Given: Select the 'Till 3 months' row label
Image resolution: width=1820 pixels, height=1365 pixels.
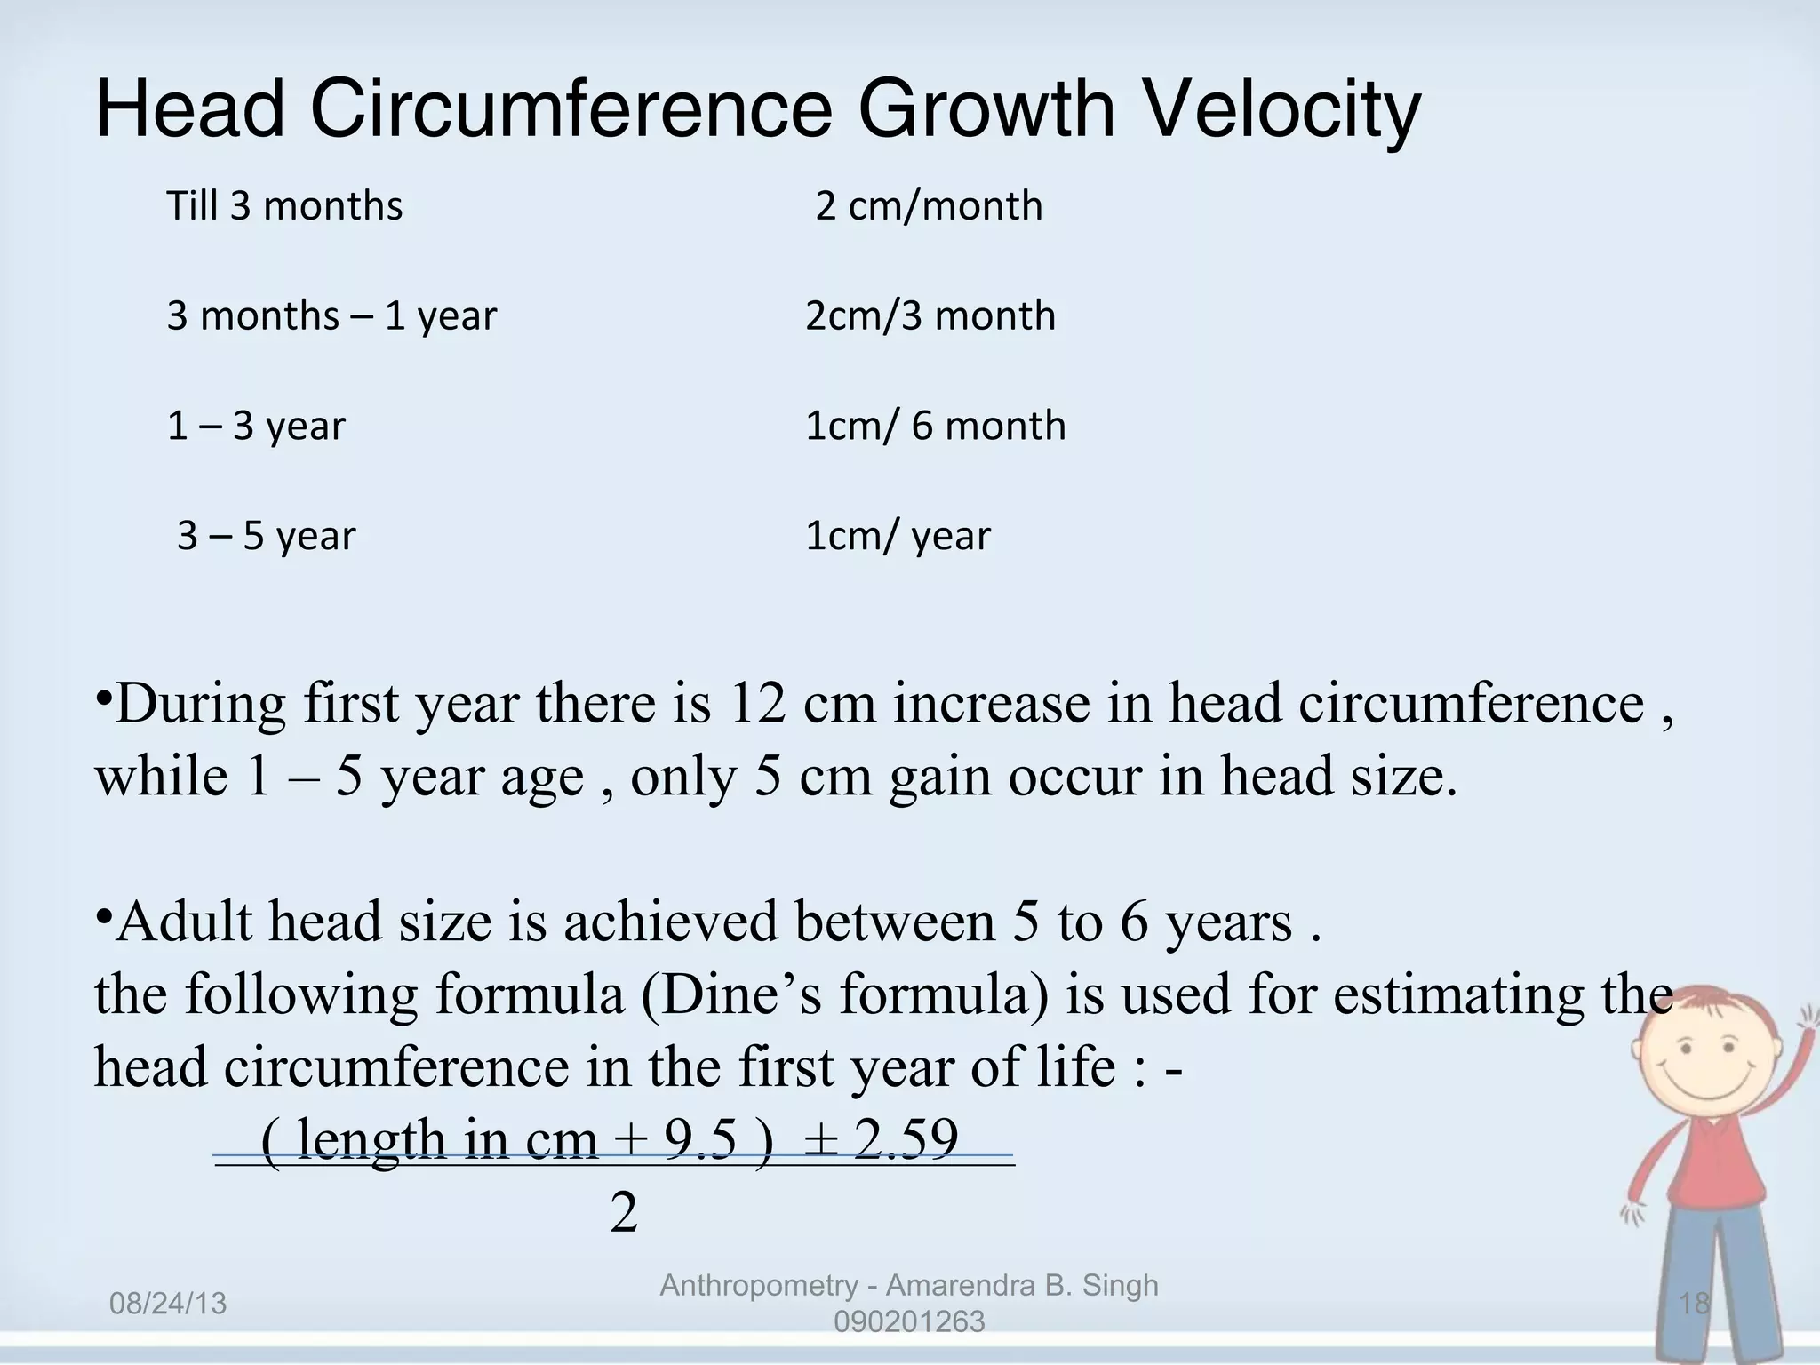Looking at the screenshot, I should coord(284,206).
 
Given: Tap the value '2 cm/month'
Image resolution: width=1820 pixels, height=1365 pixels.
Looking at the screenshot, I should coord(929,206).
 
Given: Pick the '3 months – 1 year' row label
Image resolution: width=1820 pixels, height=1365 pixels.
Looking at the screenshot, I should coord(331,316).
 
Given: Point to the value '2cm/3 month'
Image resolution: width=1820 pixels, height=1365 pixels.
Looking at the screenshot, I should coord(930,316).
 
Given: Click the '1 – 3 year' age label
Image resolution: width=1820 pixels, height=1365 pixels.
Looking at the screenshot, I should coord(256,427).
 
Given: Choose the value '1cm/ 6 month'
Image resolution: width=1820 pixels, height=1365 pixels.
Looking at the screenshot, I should coord(935,427).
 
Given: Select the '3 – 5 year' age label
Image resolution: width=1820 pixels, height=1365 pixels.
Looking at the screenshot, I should coord(266,536).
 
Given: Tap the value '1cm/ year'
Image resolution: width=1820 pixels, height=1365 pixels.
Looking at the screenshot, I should coord(898,536).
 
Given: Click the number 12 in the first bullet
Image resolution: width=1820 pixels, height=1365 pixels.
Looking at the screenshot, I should coord(757,704).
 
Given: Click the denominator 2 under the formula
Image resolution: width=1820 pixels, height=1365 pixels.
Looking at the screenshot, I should coord(624,1212).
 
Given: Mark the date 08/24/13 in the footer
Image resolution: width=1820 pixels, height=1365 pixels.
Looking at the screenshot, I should coord(168,1305).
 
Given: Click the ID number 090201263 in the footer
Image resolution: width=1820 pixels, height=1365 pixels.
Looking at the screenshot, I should coord(909,1322).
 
